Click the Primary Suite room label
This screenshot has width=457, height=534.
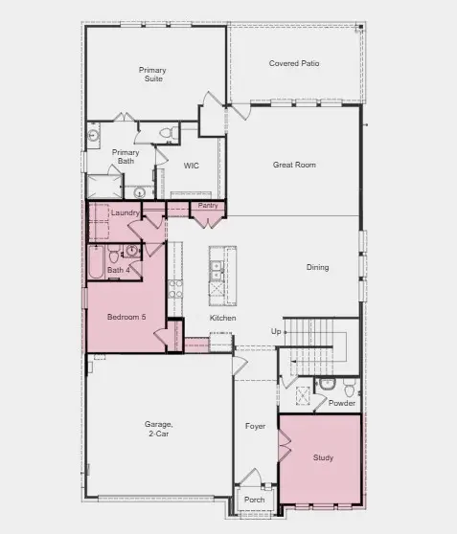[151, 75]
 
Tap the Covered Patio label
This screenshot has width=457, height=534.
[295, 64]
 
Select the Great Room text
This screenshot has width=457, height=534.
[293, 165]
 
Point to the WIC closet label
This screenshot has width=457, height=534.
[192, 166]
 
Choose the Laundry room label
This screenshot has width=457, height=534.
[126, 212]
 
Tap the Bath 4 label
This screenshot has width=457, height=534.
[118, 271]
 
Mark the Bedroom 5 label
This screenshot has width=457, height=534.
[126, 317]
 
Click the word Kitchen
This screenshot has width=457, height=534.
[223, 318]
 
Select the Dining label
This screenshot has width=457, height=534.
[317, 267]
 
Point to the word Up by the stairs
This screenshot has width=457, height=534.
[277, 331]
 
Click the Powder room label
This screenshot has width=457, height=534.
[342, 403]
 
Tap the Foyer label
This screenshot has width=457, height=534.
[255, 427]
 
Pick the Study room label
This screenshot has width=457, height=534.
[324, 457]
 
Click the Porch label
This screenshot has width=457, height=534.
[255, 500]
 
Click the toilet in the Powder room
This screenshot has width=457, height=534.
[326, 385]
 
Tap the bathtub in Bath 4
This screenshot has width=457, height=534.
[96, 262]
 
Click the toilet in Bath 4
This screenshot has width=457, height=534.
[114, 256]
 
